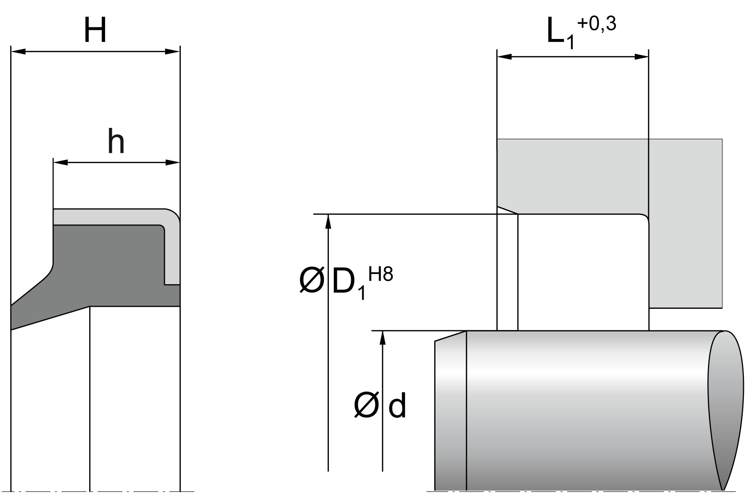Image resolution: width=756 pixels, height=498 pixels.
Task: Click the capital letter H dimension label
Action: pyautogui.click(x=95, y=30)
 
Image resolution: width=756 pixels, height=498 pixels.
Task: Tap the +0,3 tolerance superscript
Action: pyautogui.click(x=596, y=24)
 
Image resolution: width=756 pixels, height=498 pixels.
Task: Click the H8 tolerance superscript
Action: pyautogui.click(x=381, y=275)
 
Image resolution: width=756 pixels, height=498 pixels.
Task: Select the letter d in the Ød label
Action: pyautogui.click(x=397, y=406)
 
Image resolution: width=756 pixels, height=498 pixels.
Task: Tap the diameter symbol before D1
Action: pyautogui.click(x=312, y=282)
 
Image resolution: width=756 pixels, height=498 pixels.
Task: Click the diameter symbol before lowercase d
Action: pyautogui.click(x=366, y=406)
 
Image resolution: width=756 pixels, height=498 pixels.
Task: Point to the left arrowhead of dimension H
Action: pyautogui.click(x=18, y=51)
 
